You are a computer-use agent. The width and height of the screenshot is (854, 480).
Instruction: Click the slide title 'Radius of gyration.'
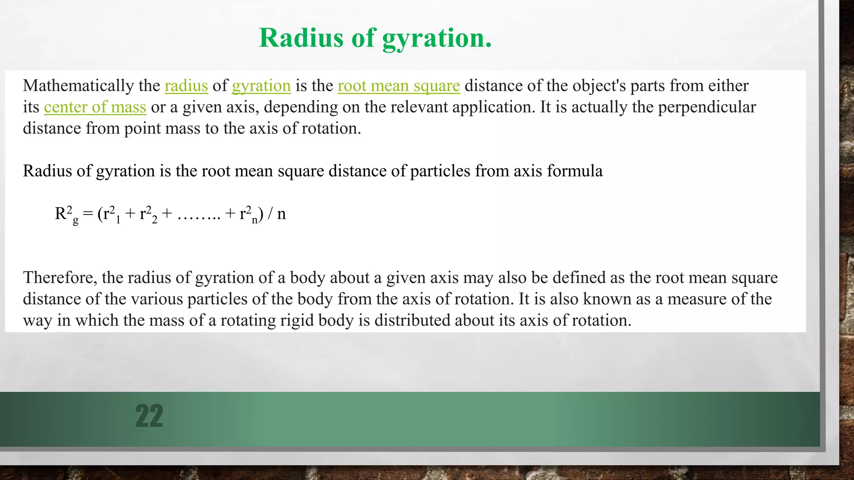(x=375, y=38)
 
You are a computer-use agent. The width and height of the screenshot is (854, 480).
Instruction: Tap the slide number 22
(x=149, y=416)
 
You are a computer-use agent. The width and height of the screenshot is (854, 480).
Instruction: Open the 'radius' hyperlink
(x=186, y=86)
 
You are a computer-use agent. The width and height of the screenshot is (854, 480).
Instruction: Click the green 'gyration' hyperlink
(x=261, y=86)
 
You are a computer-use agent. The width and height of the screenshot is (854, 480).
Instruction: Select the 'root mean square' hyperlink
(x=399, y=86)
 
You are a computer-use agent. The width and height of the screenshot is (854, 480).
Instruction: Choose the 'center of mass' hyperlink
(x=95, y=107)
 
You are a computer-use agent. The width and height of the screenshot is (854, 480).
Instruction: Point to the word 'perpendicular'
(x=707, y=107)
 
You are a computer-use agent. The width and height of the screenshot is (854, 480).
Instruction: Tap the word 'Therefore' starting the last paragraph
(x=60, y=277)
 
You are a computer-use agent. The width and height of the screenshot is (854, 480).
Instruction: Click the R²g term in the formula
(x=66, y=214)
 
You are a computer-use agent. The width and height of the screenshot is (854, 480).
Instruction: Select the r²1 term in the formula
(x=112, y=214)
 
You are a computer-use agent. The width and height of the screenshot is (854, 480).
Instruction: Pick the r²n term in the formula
(x=249, y=214)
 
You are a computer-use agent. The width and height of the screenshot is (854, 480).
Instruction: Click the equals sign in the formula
(x=88, y=214)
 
